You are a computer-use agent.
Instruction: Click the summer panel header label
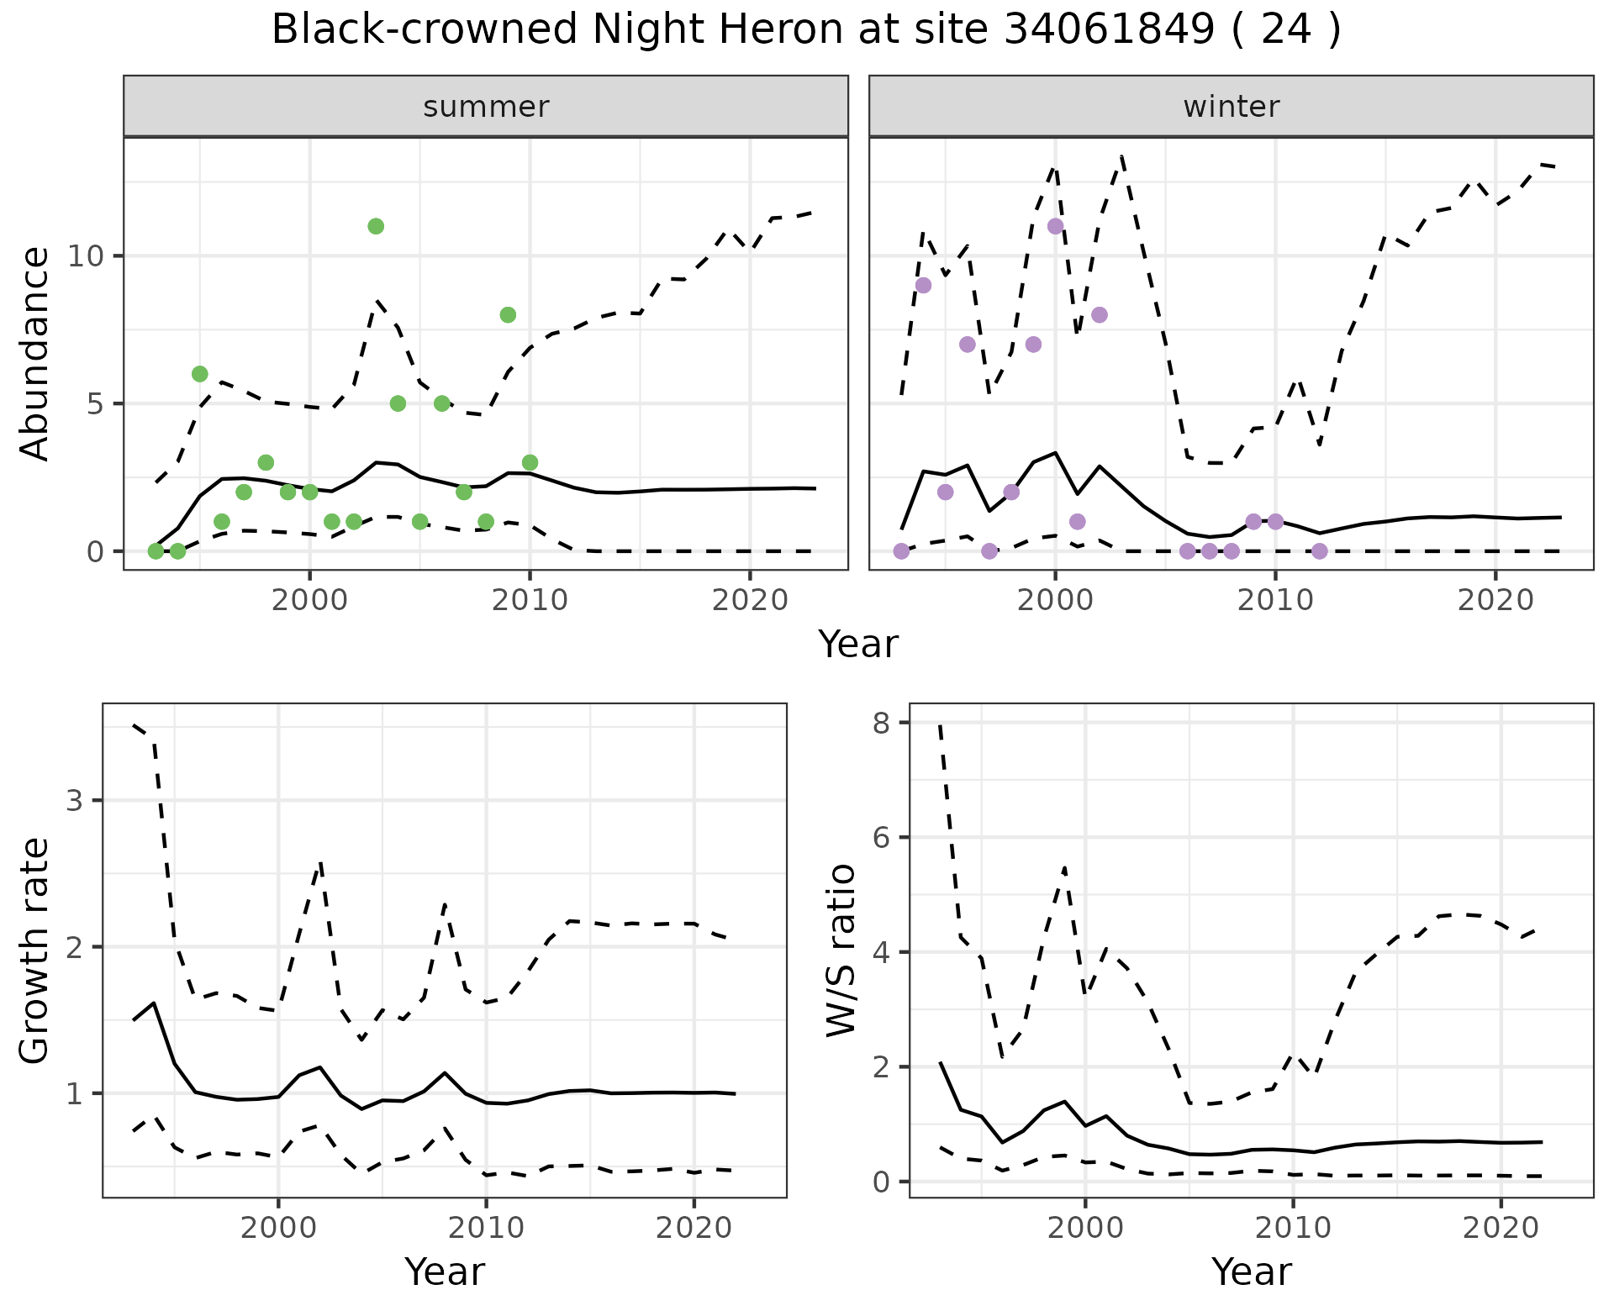point(486,107)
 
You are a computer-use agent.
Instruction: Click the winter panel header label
point(1231,107)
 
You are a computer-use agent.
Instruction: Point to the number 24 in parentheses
point(1285,30)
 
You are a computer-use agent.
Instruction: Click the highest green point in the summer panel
point(376,226)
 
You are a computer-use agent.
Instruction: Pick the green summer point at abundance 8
point(508,315)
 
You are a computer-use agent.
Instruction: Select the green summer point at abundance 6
point(200,374)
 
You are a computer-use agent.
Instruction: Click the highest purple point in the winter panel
point(1056,226)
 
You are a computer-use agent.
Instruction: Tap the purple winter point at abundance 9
point(923,286)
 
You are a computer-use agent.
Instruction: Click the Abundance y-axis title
point(35,354)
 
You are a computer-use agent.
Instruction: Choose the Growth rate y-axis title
point(35,950)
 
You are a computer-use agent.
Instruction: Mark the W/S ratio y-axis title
point(841,950)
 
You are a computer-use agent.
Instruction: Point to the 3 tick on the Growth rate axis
point(74,800)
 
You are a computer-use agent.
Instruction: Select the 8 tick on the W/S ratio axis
point(882,723)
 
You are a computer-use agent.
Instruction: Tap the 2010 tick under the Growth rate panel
point(486,1227)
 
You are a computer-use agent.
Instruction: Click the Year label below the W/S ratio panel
point(1251,1272)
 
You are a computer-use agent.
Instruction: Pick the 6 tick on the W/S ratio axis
point(882,837)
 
